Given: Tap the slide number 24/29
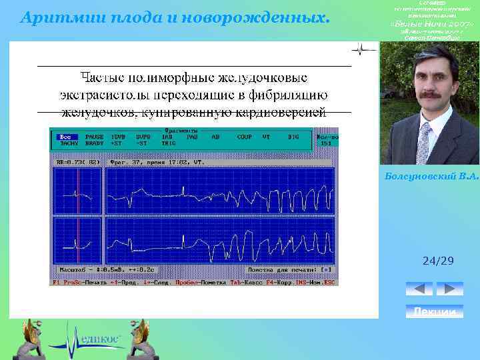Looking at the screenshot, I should [x=438, y=261].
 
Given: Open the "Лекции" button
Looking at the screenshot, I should [x=434, y=312].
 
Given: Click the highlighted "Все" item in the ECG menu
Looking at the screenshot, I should [x=65, y=137].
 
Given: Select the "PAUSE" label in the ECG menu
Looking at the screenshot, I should [x=94, y=137].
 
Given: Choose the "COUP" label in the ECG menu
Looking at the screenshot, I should [x=244, y=137].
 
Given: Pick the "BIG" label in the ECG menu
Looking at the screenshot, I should [x=293, y=137].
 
